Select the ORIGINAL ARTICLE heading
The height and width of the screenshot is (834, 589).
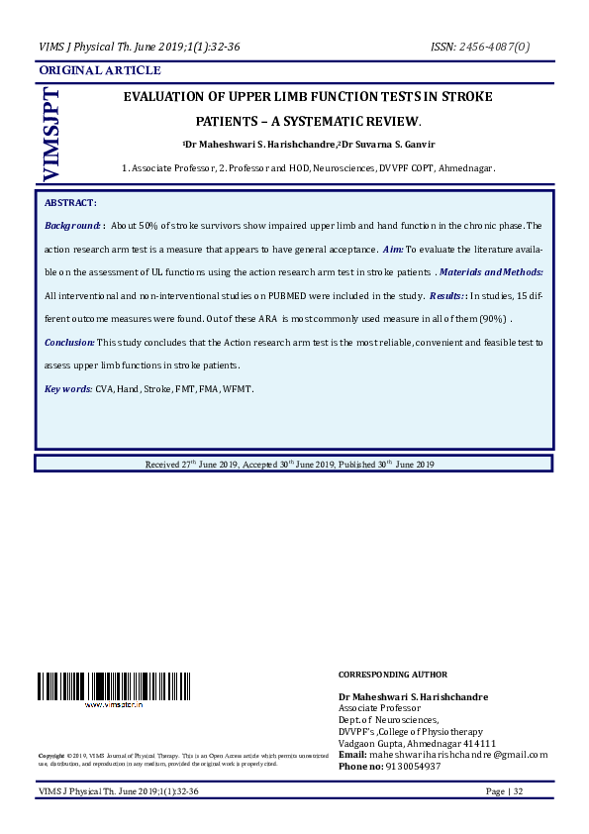point(99,70)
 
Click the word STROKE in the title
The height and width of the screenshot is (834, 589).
point(464,97)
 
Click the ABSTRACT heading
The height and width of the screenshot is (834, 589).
point(69,202)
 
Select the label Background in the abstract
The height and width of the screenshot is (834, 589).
point(73,226)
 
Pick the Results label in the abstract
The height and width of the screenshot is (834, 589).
point(446,296)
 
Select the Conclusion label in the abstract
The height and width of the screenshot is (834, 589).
point(69,342)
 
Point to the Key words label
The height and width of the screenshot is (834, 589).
point(68,389)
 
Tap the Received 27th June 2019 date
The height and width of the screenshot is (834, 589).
point(193,464)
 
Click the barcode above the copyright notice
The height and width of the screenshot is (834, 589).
point(114,685)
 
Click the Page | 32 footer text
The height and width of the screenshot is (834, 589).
point(504,791)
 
